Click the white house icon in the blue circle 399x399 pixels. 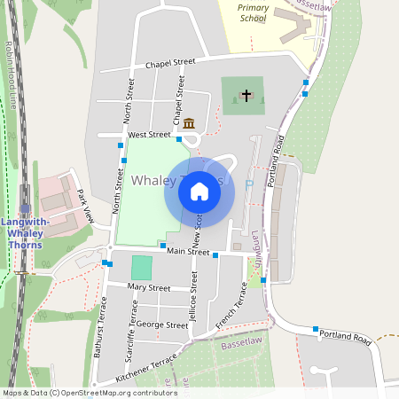[x=199, y=192]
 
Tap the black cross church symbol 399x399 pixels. [x=246, y=95]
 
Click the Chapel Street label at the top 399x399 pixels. [x=170, y=64]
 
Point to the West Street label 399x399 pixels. [x=149, y=135]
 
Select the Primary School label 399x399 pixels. [x=253, y=12]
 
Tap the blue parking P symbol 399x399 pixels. [x=248, y=184]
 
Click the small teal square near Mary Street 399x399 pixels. [x=142, y=267]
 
